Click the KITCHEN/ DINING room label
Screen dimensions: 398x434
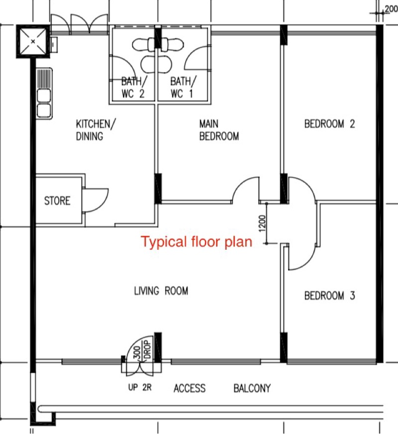(96, 130)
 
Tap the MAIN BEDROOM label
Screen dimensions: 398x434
(219, 130)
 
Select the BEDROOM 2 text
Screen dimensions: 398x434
(329, 124)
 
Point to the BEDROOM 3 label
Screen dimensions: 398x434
(329, 296)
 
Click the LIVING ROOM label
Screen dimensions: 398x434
(161, 291)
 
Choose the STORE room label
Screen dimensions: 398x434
(57, 201)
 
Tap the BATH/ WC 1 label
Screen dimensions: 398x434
(183, 87)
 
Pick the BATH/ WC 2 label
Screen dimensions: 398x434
(134, 87)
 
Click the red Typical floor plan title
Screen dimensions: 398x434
(197, 241)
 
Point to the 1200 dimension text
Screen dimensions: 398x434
(263, 223)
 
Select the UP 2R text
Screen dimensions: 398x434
(140, 387)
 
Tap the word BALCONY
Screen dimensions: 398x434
(252, 388)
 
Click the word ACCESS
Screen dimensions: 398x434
(190, 388)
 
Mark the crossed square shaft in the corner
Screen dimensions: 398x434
(33, 41)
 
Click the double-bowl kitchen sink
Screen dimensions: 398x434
(44, 94)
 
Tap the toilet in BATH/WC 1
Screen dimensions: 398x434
(172, 44)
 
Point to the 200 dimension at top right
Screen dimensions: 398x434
(392, 8)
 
